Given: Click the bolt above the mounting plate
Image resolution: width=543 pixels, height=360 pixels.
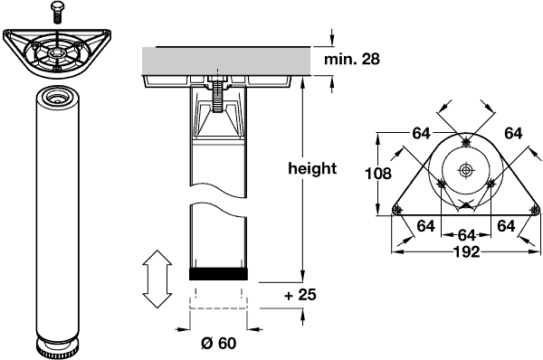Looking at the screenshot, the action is (57, 12).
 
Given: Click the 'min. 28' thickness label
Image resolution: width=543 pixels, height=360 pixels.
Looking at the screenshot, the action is (352, 59).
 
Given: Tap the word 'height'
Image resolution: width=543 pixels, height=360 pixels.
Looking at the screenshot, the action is (312, 168).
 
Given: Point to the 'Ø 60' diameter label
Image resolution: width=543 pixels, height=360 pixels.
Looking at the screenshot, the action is (218, 344).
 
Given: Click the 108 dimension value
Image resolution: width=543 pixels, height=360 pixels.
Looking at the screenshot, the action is (378, 174).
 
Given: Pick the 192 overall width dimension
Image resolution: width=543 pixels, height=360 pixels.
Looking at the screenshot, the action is (466, 251).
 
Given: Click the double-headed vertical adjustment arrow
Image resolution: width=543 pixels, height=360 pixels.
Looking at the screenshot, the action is (157, 279).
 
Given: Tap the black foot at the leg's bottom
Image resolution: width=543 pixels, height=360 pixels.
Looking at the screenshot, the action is (218, 274).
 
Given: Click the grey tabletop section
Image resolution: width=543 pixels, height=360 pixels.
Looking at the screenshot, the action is (227, 62).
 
